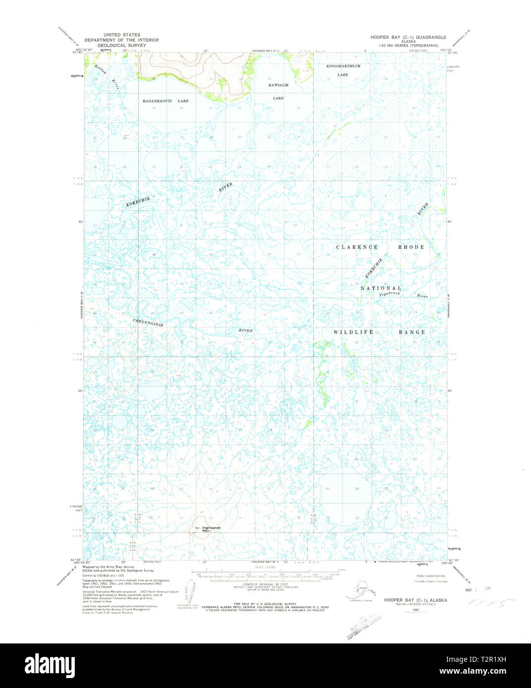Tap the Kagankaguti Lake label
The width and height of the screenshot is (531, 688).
pyautogui.click(x=165, y=101)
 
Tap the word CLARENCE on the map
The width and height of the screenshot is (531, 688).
pyautogui.click(x=357, y=247)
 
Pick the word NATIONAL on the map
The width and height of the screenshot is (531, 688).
pyautogui.click(x=380, y=288)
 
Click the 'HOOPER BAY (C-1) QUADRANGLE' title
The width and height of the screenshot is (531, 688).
pyautogui.click(x=408, y=38)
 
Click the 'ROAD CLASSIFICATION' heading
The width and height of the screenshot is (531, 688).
pyautogui.click(x=430, y=576)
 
